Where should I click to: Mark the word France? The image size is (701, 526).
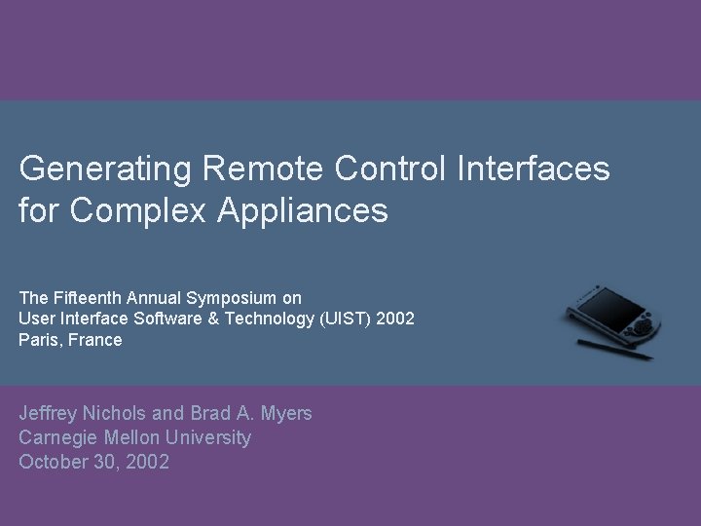[96, 340]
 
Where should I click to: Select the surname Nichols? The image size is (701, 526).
[124, 413]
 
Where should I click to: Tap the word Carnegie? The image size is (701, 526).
[58, 438]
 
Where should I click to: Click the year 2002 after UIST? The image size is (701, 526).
[396, 319]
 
